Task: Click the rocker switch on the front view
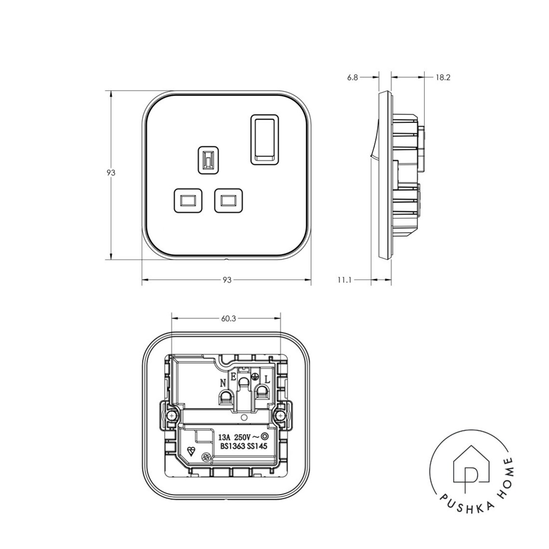pos(265,139)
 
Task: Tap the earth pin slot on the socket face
pos(209,160)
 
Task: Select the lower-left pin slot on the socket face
pos(188,200)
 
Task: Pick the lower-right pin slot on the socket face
pos(229,200)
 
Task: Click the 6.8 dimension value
pos(353,78)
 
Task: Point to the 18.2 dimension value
pos(443,78)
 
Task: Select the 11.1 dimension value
pos(344,280)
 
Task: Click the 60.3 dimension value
pos(229,319)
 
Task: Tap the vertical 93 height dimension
pos(111,172)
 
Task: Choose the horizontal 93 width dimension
pos(227,280)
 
